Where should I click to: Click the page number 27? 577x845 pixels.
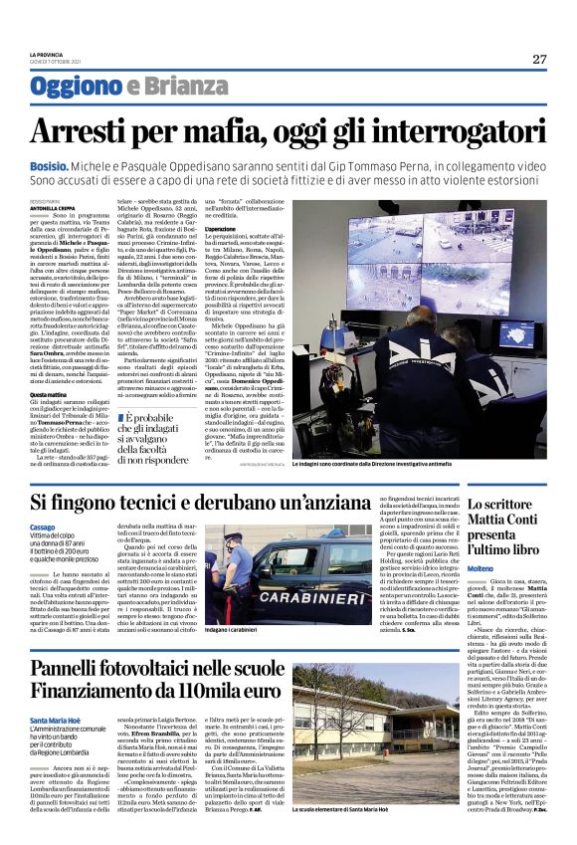539,59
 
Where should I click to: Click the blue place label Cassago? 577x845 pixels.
43,526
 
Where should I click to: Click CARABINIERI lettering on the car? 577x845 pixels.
295,601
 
